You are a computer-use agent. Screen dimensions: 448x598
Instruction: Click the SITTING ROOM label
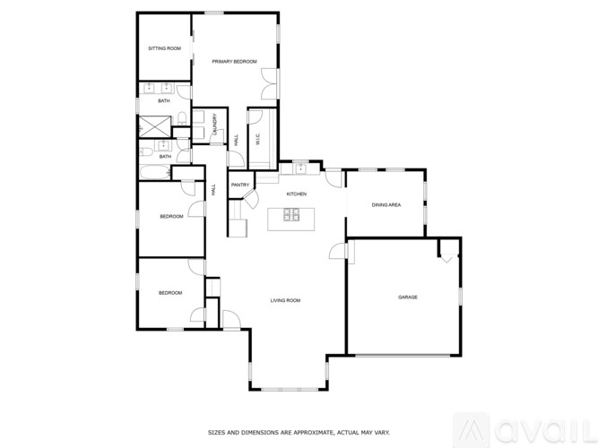(x=164, y=47)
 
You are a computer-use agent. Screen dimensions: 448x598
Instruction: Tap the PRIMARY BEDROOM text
(x=234, y=61)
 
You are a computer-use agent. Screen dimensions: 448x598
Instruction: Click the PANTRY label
(x=239, y=185)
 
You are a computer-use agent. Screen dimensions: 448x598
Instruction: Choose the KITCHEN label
(x=296, y=194)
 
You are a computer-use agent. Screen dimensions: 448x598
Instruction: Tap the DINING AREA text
(x=386, y=205)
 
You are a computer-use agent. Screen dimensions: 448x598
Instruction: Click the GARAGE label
(x=407, y=297)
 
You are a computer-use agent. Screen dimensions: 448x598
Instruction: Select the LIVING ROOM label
(x=285, y=301)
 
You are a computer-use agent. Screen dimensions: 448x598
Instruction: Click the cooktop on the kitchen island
(x=292, y=214)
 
